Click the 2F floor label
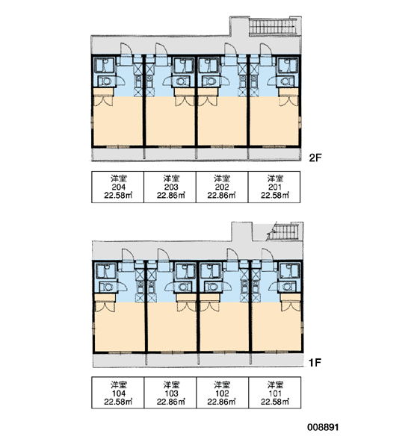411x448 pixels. coord(315,158)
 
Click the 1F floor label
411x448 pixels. coord(315,363)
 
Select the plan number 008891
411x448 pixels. coord(323,427)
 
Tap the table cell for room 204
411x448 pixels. coord(117,187)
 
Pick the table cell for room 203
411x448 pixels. coord(170,187)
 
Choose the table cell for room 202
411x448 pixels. coord(222,187)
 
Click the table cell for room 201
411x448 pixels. coord(274,187)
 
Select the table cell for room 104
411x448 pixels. coord(118,393)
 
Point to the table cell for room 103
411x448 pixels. coord(170,393)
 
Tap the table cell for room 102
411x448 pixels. coord(222,393)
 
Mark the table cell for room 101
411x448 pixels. coord(274,393)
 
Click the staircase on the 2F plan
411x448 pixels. coord(273,27)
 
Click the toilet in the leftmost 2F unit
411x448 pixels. coord(106,81)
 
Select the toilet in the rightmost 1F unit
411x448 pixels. coord(288,287)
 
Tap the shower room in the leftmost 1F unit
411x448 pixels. coord(105,271)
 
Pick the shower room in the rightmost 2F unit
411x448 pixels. coord(288,66)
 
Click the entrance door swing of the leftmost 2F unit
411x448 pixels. coord(126,49)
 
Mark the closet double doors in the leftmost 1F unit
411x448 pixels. coord(105,307)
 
